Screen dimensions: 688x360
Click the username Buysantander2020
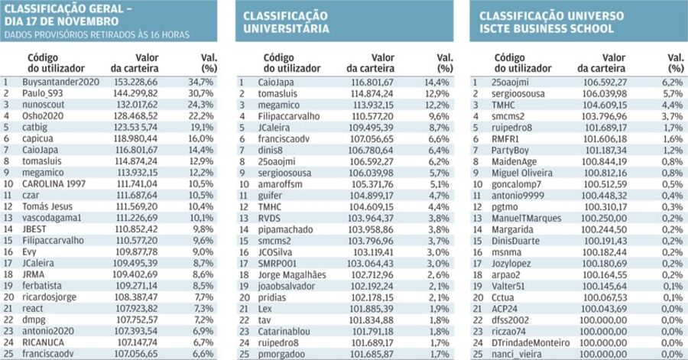click(x=60, y=82)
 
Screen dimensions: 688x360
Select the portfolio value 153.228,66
click(x=135, y=82)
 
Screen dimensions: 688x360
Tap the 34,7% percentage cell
click(x=201, y=82)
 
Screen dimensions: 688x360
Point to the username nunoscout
click(x=43, y=105)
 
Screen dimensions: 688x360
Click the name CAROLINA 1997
click(x=54, y=183)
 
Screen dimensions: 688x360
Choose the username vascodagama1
click(x=52, y=218)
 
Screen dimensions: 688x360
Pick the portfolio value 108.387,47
click(x=135, y=297)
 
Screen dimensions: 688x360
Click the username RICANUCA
click(x=43, y=342)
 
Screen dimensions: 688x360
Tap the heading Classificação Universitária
click(x=286, y=22)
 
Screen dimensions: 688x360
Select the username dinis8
click(x=271, y=151)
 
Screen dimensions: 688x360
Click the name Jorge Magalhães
click(x=292, y=275)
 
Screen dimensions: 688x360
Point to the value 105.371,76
click(x=372, y=184)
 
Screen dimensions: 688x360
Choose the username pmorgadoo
click(x=281, y=355)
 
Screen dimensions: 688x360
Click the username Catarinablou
click(x=284, y=332)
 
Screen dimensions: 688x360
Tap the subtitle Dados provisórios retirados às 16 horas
click(x=97, y=35)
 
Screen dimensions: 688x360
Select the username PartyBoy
click(x=511, y=151)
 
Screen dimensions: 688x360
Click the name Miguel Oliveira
click(x=522, y=174)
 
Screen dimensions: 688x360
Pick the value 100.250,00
click(x=604, y=219)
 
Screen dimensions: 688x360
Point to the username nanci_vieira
click(x=517, y=355)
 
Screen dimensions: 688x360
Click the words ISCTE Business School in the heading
click(x=547, y=29)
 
